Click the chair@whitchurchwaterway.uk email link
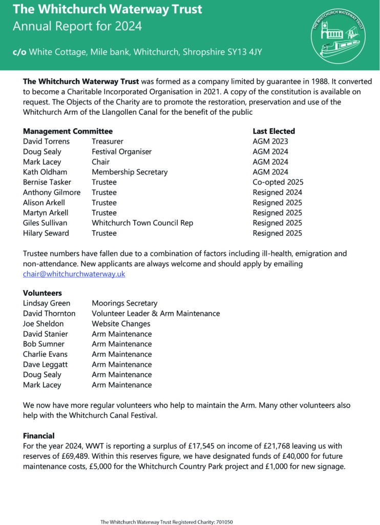[x=74, y=274]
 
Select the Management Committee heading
[x=68, y=131]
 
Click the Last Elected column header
[x=274, y=131]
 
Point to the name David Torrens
[x=46, y=142]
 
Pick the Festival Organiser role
[x=121, y=152]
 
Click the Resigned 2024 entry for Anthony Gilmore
[x=277, y=192]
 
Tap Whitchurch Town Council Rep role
[x=142, y=223]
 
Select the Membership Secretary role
[x=130, y=172]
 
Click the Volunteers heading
[x=43, y=293]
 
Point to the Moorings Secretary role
[x=124, y=303]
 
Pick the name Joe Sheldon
[x=44, y=324]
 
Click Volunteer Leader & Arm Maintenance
[x=156, y=313]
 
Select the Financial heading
[x=39, y=436]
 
